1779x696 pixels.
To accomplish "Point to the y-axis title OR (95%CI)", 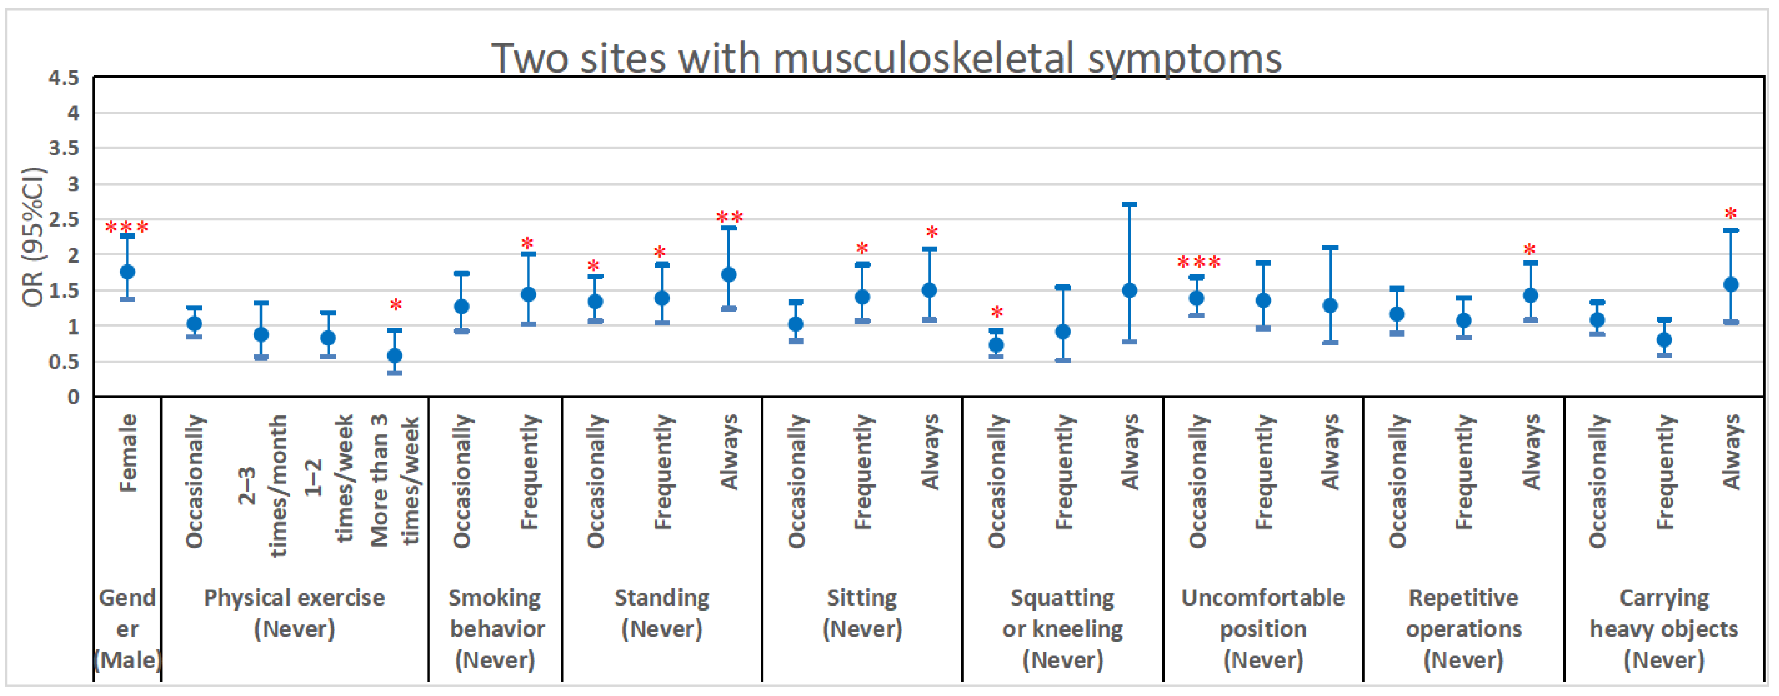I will [x=33, y=237].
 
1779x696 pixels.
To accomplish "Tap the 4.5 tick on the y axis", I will [x=64, y=78].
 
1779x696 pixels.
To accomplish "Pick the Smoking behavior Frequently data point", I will [x=528, y=295].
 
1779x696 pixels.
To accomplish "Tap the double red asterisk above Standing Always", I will [x=729, y=218].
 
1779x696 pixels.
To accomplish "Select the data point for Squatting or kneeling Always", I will [x=1130, y=291].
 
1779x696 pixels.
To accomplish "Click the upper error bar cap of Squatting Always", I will [x=1130, y=204].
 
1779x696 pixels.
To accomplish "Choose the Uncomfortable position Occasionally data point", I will [x=1197, y=298].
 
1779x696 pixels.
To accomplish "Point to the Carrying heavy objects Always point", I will [x=1731, y=284].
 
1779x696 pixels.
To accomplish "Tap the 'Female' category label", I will [x=128, y=453].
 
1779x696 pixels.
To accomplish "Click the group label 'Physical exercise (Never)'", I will [x=294, y=613].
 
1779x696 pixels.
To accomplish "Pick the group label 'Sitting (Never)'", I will [x=862, y=613].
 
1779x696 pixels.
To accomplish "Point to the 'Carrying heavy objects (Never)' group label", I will [x=1664, y=628].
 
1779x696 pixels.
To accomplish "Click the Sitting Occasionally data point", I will [x=795, y=324].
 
